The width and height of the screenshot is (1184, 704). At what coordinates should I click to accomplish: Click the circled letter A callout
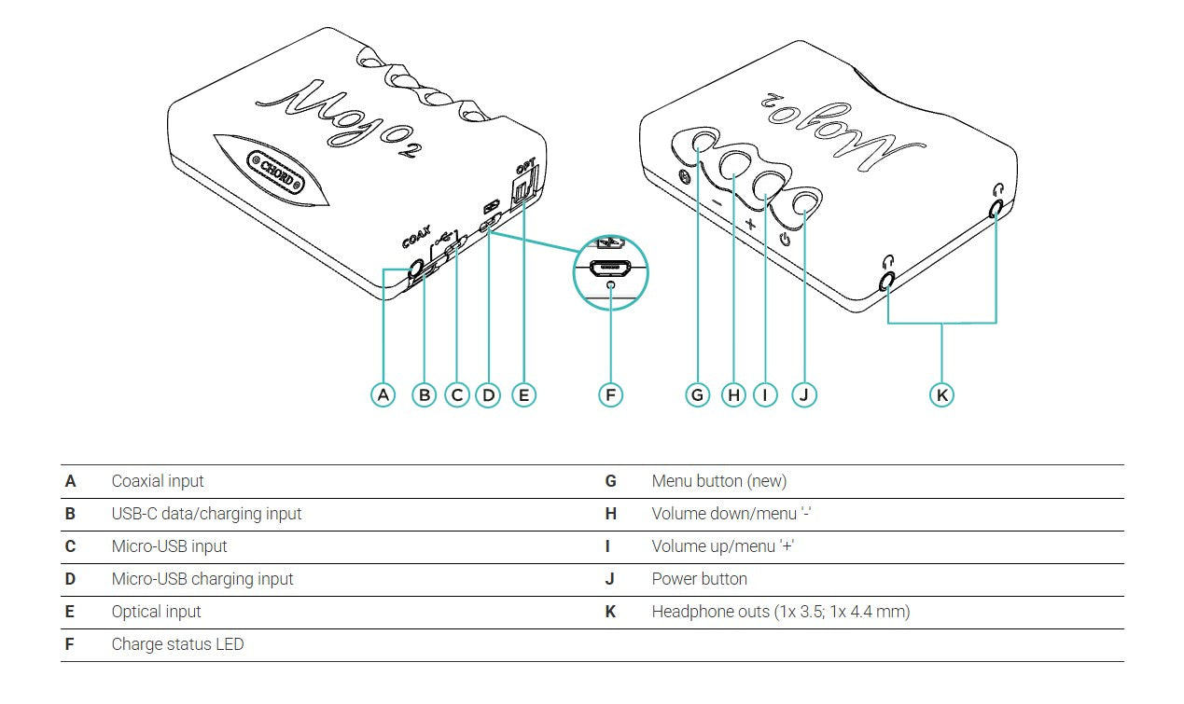click(x=383, y=394)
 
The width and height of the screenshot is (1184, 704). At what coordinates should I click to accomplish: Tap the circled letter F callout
click(x=609, y=394)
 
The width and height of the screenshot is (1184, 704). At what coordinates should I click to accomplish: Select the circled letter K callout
click(x=941, y=394)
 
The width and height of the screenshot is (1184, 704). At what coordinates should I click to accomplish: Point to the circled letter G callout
click(x=698, y=394)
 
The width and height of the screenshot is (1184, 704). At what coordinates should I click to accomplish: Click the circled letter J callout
click(x=803, y=394)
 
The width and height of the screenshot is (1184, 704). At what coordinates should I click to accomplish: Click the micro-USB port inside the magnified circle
click(x=610, y=268)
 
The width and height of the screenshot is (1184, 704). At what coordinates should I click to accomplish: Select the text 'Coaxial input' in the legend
click(x=157, y=481)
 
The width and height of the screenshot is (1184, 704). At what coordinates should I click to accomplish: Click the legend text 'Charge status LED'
click(x=177, y=644)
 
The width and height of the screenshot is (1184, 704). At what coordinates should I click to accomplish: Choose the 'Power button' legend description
click(x=699, y=579)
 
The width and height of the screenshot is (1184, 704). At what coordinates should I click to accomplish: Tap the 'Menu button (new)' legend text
click(x=718, y=481)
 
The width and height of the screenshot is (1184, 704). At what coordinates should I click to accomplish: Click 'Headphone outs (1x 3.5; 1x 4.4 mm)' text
click(x=780, y=612)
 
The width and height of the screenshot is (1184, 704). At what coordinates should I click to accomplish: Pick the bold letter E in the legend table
click(x=70, y=612)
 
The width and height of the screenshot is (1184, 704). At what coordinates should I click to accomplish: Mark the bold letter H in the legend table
click(x=611, y=514)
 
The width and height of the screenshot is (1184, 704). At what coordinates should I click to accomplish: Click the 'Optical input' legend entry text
click(x=156, y=612)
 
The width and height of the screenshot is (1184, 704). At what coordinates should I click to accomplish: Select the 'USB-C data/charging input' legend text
click(x=206, y=514)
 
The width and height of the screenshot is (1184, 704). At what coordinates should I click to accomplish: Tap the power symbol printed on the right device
click(x=786, y=239)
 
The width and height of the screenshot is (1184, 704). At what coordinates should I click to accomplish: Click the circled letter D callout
click(x=488, y=394)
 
